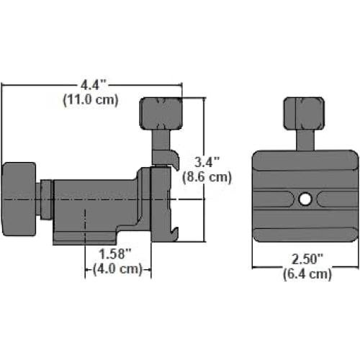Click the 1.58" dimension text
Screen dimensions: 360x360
115,254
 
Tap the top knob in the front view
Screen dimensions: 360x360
305,111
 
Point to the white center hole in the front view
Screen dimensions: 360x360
305,197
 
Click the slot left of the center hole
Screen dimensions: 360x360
277,197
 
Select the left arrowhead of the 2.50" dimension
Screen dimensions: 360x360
256,266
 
